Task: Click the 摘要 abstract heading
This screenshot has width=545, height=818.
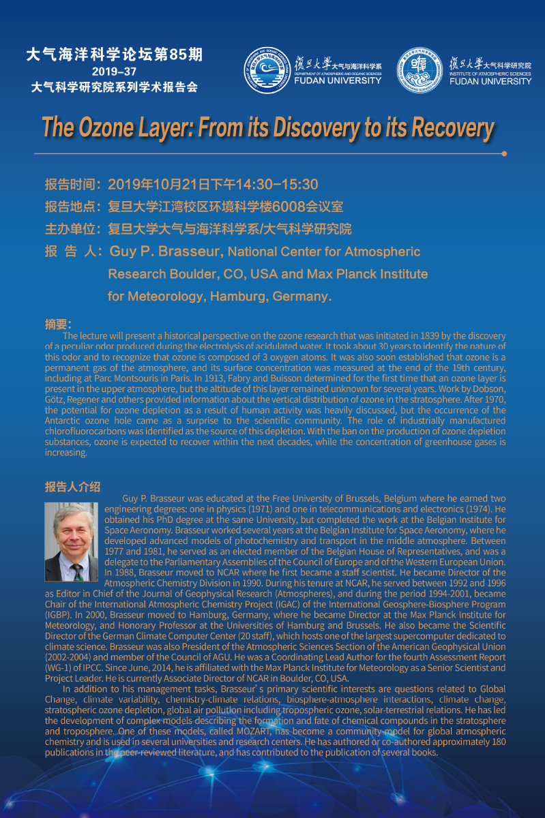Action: click(58, 324)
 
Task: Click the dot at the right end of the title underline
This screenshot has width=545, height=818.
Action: click(504, 153)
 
